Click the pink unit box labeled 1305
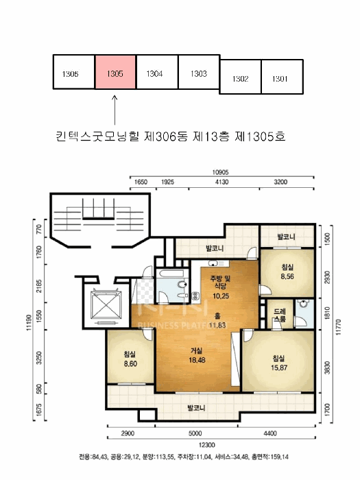[x=115, y=73]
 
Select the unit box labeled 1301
[x=280, y=77]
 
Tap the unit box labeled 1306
[x=73, y=73]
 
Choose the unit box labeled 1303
[x=199, y=73]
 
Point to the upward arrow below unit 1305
[x=115, y=109]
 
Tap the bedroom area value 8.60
[x=129, y=364]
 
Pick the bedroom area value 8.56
[x=287, y=277]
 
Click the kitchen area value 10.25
[x=221, y=296]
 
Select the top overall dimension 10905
[x=220, y=172]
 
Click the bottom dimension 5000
[x=197, y=434]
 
